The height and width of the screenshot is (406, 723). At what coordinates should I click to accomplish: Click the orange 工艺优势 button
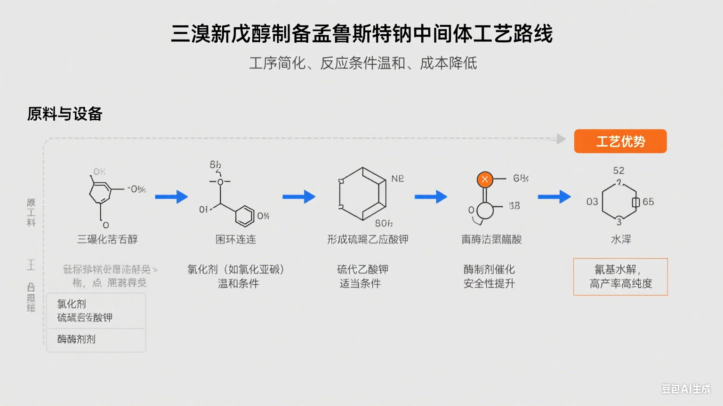point(620,141)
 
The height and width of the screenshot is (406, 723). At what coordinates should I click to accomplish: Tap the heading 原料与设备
point(65,114)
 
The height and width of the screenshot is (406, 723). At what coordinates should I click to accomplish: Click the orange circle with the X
point(484,179)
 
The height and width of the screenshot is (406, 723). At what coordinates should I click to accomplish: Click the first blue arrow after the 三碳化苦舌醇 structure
point(171,196)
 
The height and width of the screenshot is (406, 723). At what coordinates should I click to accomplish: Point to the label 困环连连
point(236,240)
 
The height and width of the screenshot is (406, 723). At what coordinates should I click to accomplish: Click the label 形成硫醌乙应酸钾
point(368,240)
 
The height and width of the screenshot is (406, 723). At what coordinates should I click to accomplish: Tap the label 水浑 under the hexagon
point(620,240)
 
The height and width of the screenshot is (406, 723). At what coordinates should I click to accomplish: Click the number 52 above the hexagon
point(619,171)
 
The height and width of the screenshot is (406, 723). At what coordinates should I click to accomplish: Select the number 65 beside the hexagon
point(648,202)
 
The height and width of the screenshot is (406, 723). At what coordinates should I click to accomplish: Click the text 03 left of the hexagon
point(592,202)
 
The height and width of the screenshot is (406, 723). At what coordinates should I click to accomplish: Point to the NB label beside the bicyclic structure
point(397,179)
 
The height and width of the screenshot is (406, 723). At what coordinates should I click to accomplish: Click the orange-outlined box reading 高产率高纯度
point(620,277)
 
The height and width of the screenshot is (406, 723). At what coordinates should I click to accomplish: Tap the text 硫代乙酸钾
point(362,269)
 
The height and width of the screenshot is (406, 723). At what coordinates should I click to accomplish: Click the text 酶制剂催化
point(489,269)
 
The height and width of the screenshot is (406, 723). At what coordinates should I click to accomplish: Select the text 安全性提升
point(489,283)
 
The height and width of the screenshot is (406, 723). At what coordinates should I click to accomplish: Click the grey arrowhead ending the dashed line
point(561,139)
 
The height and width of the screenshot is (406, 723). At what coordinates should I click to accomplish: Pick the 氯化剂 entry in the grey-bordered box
point(72,304)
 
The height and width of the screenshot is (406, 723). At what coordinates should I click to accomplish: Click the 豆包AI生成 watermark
point(686,389)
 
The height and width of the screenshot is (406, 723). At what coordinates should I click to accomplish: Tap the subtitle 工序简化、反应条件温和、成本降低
point(363,63)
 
